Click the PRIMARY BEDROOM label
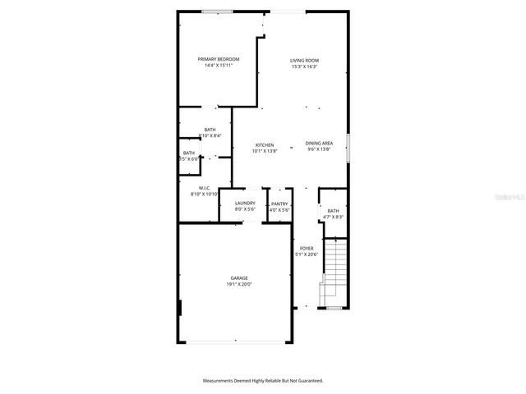[x=218, y=59]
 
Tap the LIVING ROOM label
[x=304, y=60]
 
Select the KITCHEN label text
[x=264, y=144]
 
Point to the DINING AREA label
[x=319, y=144]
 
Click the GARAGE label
[x=239, y=278]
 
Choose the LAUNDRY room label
[x=245, y=204]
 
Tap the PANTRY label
[x=279, y=204]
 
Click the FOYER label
[x=307, y=248]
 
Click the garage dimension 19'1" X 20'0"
[x=239, y=285]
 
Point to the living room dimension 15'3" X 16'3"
[x=304, y=66]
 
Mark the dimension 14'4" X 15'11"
[x=218, y=66]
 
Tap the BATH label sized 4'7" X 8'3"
[x=333, y=211]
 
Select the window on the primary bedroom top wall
[x=217, y=11]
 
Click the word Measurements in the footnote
[x=219, y=381]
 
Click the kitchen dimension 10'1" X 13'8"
[x=264, y=151]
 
